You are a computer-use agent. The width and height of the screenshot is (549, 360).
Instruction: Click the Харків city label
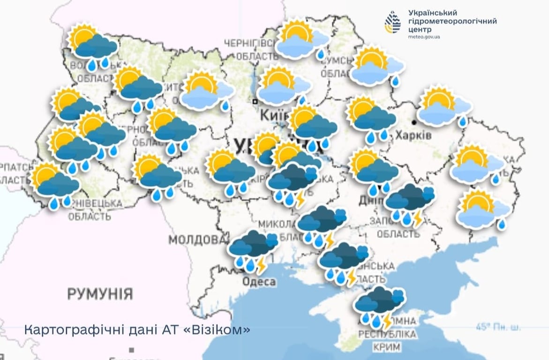pos(413,135)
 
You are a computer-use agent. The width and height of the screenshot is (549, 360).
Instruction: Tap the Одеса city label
pos(259,282)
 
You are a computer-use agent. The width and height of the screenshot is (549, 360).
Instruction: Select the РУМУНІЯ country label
pos(100,294)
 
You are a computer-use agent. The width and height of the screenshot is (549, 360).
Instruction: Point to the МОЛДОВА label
pos(197,240)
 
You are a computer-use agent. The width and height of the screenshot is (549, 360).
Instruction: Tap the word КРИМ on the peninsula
pos(387,347)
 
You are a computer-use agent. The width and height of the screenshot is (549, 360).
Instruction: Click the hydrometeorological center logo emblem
pos(392,22)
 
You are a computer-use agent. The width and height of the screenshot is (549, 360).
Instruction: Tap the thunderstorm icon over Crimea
pos(380,307)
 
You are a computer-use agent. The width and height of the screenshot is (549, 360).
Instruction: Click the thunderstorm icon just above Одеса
pos(253,250)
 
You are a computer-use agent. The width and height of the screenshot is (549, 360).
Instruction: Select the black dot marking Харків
pos(414,122)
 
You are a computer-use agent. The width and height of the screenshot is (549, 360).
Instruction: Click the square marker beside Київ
pos(255,101)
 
